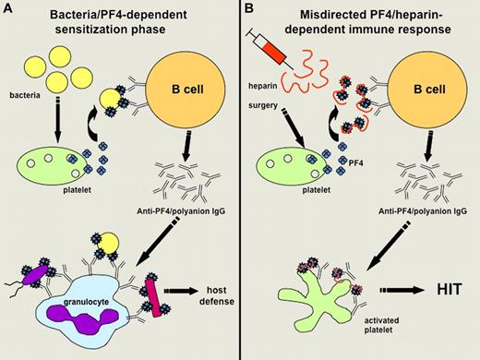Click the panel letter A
(8, 9)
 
